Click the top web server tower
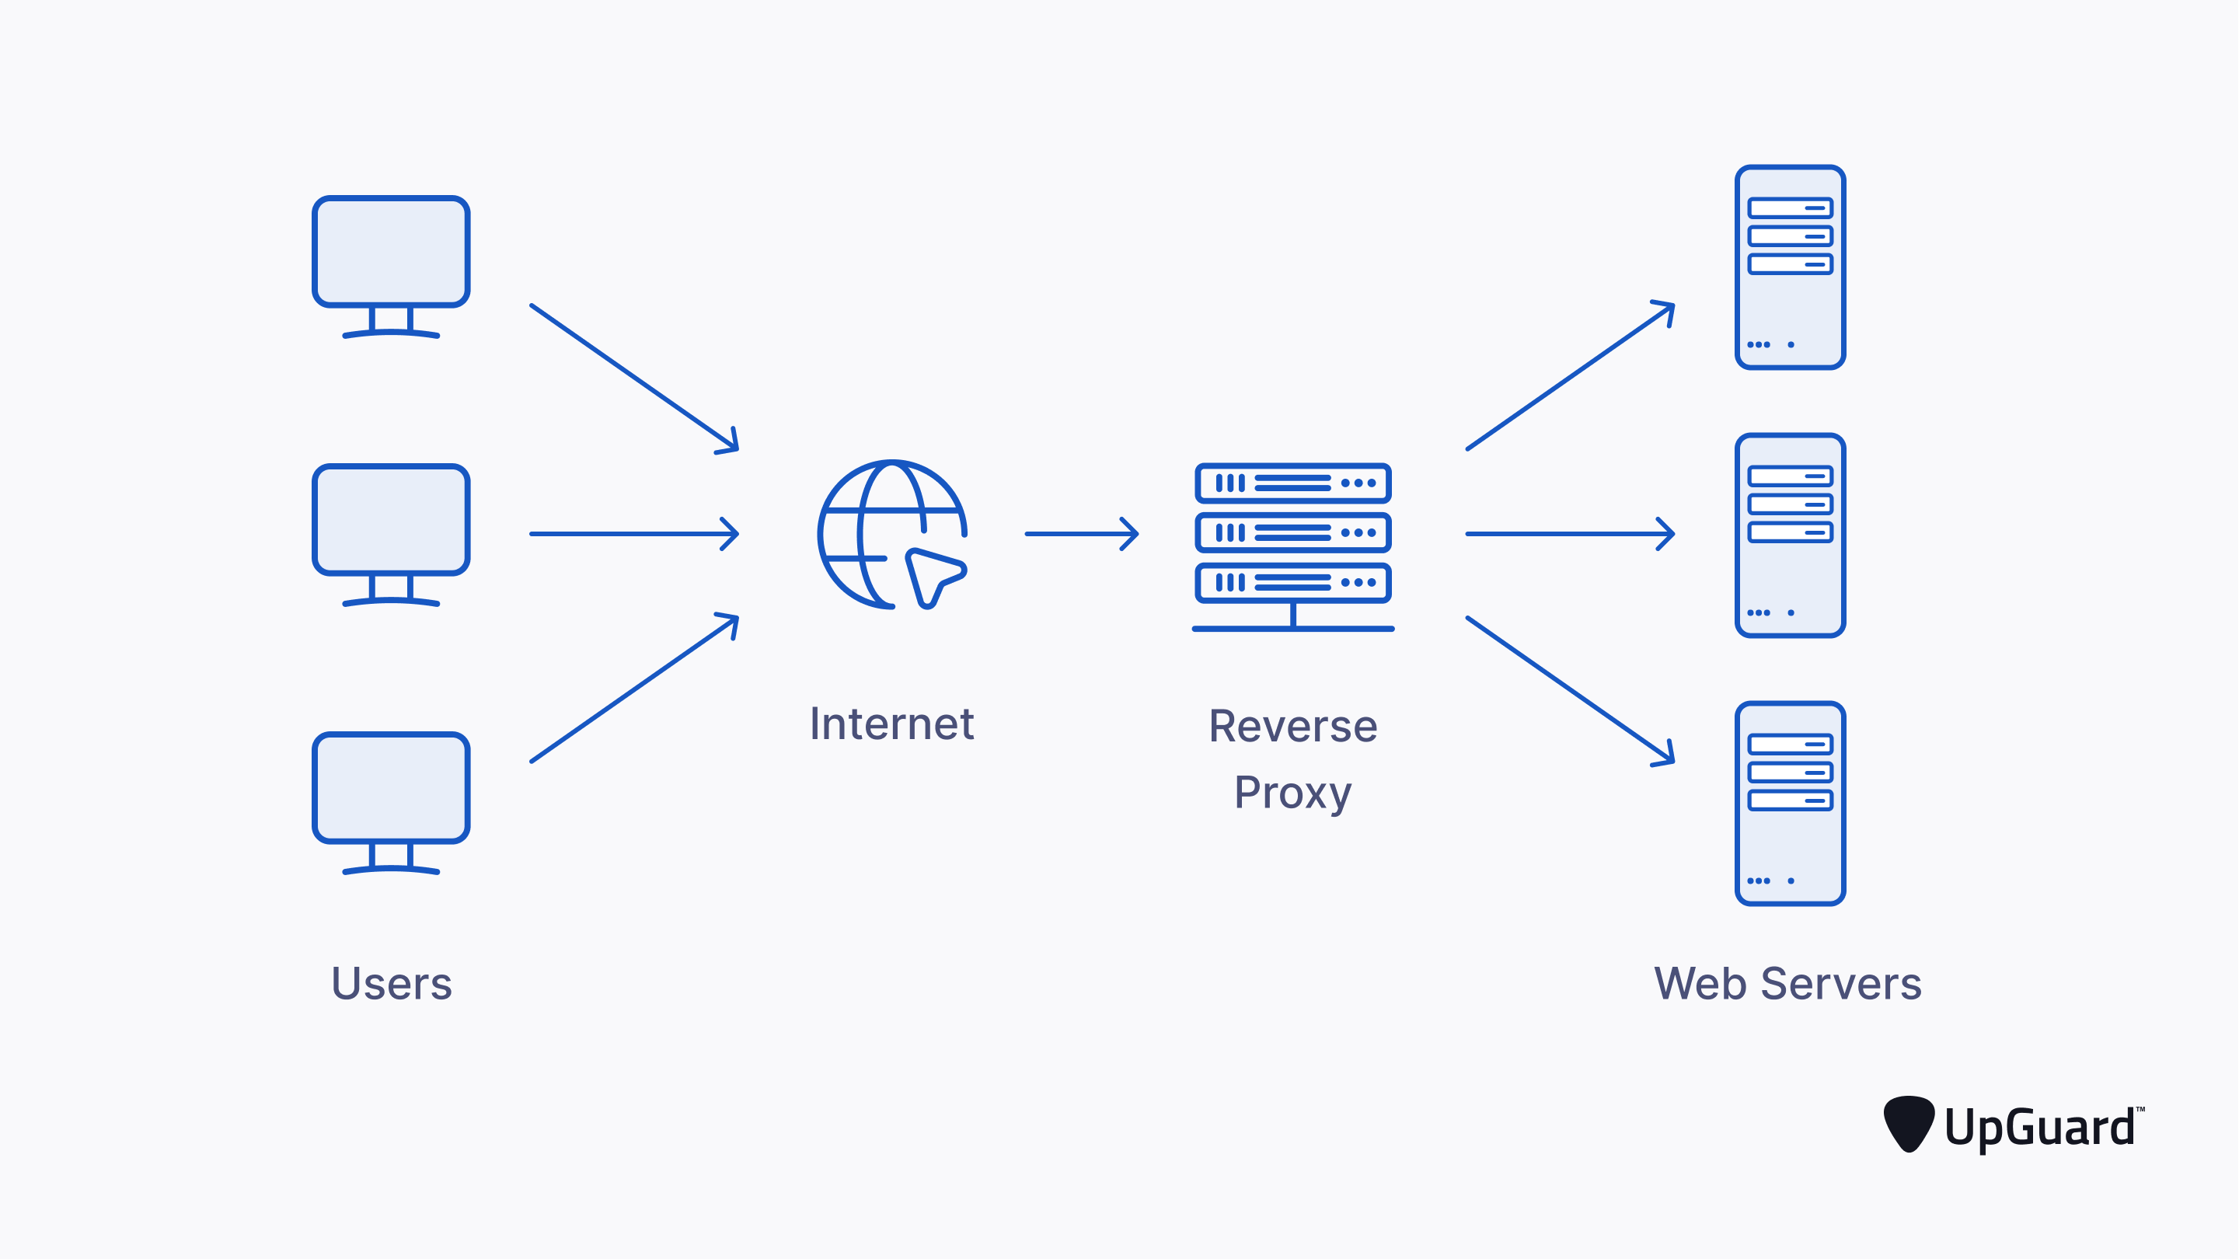(1790, 267)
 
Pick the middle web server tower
(1790, 535)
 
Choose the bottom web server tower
(1790, 803)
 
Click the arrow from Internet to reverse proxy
(1081, 534)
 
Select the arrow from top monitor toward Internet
(633, 378)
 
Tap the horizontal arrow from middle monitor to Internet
(633, 534)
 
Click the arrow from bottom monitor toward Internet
(633, 689)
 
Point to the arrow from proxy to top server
(1570, 375)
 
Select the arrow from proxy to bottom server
(1570, 690)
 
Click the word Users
(391, 984)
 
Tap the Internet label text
(891, 724)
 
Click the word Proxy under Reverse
(1292, 793)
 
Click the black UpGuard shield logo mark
(1908, 1122)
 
